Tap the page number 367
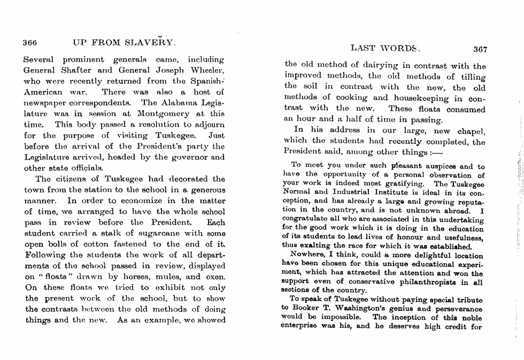(480, 50)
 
